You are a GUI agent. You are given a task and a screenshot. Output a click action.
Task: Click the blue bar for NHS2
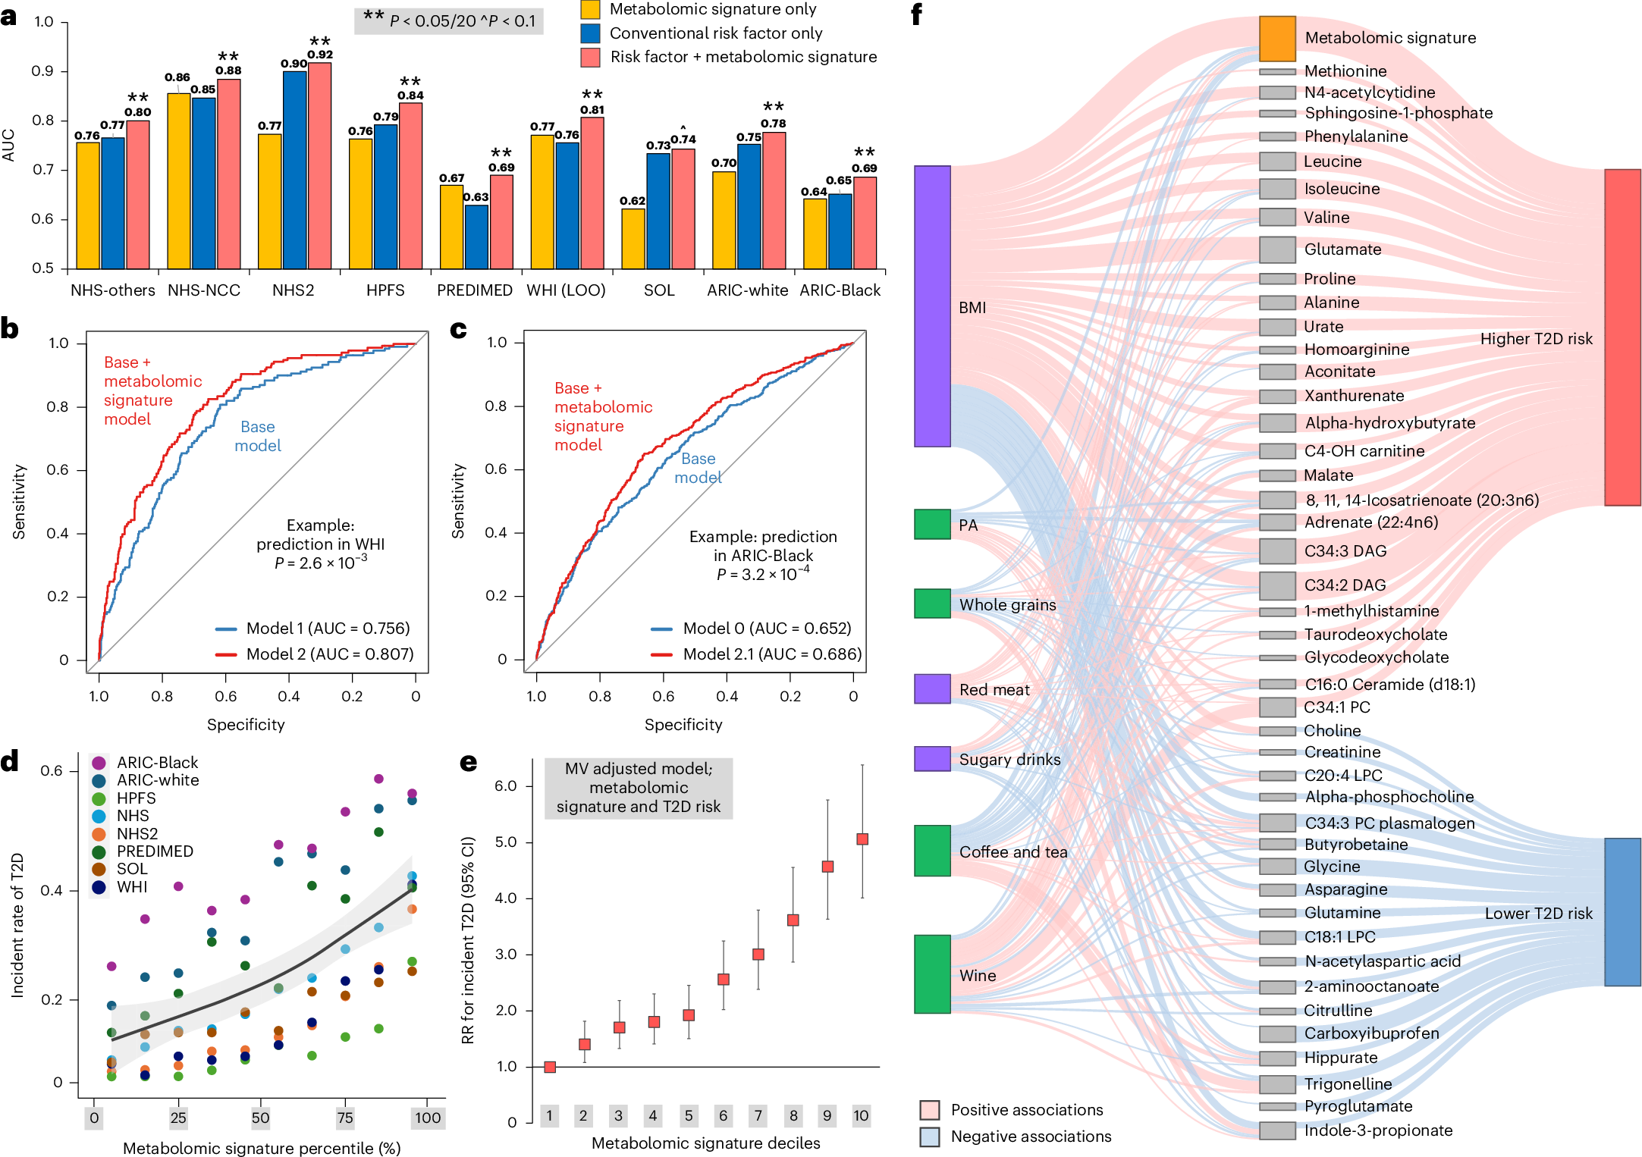pyautogui.click(x=294, y=170)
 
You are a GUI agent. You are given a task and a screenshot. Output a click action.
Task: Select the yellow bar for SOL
pyautogui.click(x=633, y=238)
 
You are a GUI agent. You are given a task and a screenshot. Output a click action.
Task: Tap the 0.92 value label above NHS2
pyautogui.click(x=320, y=55)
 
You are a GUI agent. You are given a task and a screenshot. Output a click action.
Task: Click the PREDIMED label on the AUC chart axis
pyautogui.click(x=475, y=290)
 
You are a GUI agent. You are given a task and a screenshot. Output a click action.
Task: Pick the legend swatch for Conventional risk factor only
pyautogui.click(x=590, y=33)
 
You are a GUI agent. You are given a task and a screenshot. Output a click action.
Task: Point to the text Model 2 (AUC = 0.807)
pyautogui.click(x=329, y=654)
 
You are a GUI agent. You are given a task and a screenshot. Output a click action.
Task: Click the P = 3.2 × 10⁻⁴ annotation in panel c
pyautogui.click(x=762, y=574)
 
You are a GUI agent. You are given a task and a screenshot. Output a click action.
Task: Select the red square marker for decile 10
pyautogui.click(x=862, y=839)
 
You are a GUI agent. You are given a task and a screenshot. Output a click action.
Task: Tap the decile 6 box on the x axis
pyautogui.click(x=723, y=1115)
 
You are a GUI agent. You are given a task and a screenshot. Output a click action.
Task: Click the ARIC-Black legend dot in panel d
pyautogui.click(x=99, y=763)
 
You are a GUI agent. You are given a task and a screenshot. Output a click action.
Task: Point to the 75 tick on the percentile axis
pyautogui.click(x=345, y=1117)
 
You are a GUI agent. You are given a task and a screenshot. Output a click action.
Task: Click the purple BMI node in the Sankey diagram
pyautogui.click(x=932, y=306)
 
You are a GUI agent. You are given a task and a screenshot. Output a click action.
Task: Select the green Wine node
pyautogui.click(x=932, y=974)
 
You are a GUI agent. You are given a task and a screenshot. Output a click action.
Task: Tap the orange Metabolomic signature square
pyautogui.click(x=1277, y=38)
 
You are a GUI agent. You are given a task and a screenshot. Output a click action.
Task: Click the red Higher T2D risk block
pyautogui.click(x=1622, y=337)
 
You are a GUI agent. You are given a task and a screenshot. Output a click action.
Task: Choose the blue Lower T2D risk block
pyautogui.click(x=1622, y=911)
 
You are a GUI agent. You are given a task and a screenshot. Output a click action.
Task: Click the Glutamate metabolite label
pyautogui.click(x=1342, y=249)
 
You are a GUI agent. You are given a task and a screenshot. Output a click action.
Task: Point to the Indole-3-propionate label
pyautogui.click(x=1378, y=1130)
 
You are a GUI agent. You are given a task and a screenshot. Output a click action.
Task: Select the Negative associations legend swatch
pyautogui.click(x=930, y=1137)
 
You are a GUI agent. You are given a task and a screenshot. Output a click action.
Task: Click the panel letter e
pyautogui.click(x=469, y=763)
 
